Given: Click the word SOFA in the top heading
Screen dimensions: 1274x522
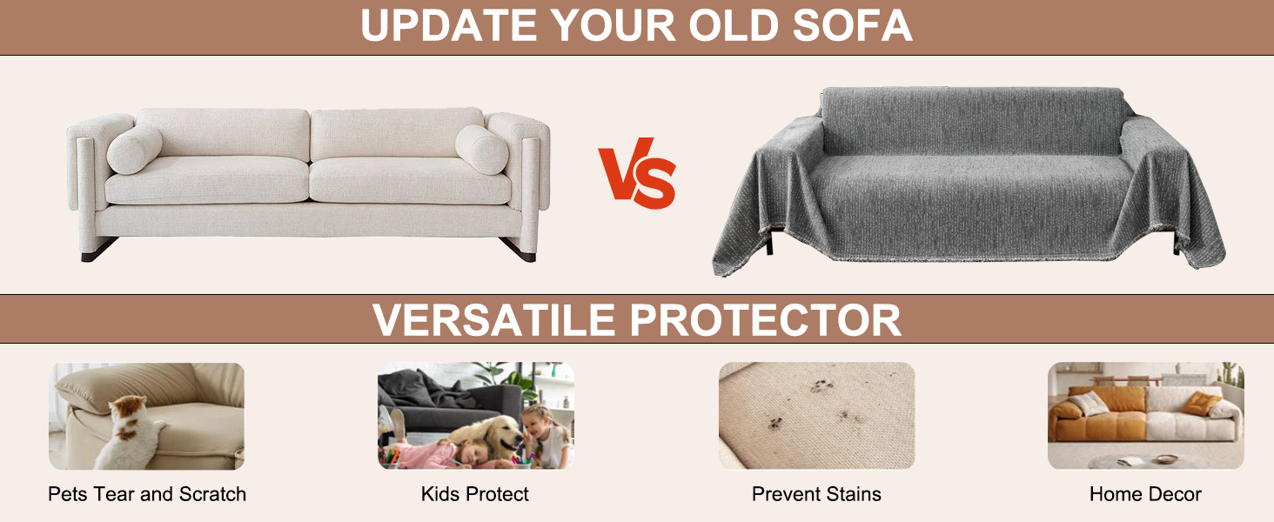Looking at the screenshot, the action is pyautogui.click(x=853, y=25).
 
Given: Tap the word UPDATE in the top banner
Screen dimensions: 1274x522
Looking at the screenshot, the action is pyautogui.click(x=449, y=25).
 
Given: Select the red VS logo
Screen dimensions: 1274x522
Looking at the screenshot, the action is pyautogui.click(x=637, y=173).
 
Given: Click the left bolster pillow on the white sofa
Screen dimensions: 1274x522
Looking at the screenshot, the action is pyautogui.click(x=135, y=150).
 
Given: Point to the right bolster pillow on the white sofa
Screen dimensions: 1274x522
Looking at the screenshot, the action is pyautogui.click(x=482, y=150).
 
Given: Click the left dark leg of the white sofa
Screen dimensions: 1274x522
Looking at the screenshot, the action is pyautogui.click(x=99, y=250).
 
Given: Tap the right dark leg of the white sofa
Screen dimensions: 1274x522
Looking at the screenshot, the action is pyautogui.click(x=519, y=250).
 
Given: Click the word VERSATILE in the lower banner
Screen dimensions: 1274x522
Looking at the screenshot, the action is pyautogui.click(x=494, y=319).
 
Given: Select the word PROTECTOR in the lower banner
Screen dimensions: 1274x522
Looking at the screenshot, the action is pyautogui.click(x=766, y=319).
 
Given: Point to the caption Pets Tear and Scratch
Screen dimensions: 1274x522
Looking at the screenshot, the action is pyautogui.click(x=147, y=494).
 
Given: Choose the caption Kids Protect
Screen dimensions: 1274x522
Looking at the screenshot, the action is pyautogui.click(x=475, y=494).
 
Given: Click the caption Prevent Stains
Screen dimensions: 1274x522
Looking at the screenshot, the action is pyautogui.click(x=816, y=494).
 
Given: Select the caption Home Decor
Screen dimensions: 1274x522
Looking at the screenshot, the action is pyautogui.click(x=1145, y=494).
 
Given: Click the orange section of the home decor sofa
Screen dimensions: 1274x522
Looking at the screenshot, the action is pyautogui.click(x=1096, y=418).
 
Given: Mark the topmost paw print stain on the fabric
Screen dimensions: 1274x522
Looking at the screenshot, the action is pyautogui.click(x=821, y=386).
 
